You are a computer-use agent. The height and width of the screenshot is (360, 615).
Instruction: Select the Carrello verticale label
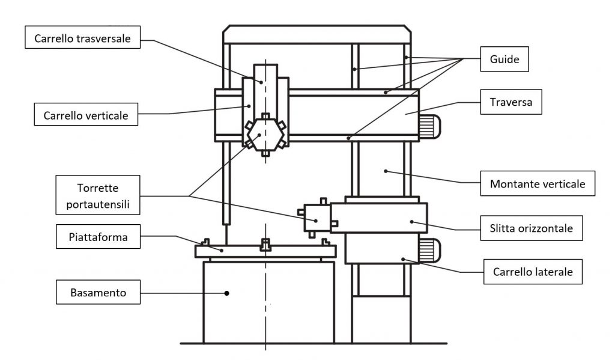pyautogui.click(x=86, y=115)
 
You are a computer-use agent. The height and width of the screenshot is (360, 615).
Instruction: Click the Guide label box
pyautogui.click(x=504, y=59)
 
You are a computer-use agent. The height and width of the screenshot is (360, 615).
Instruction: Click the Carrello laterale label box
pyautogui.click(x=533, y=272)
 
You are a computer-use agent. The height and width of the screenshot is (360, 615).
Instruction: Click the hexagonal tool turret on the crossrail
pyautogui.click(x=264, y=133)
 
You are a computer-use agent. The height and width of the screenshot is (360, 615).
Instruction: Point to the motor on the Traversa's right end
pyautogui.click(x=430, y=126)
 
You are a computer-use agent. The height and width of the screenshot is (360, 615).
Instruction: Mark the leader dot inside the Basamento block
pyautogui.click(x=227, y=293)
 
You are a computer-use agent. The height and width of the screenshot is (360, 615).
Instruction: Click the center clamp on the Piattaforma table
pyautogui.click(x=265, y=245)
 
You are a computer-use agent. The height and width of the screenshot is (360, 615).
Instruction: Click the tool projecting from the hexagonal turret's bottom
pyautogui.click(x=265, y=153)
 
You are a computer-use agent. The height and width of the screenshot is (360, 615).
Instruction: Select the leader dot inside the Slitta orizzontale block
pyautogui.click(x=411, y=221)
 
